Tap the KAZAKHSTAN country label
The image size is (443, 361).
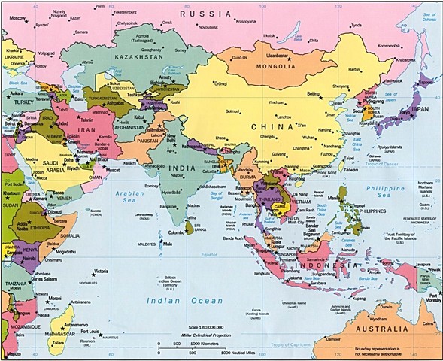[x=137, y=56]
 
